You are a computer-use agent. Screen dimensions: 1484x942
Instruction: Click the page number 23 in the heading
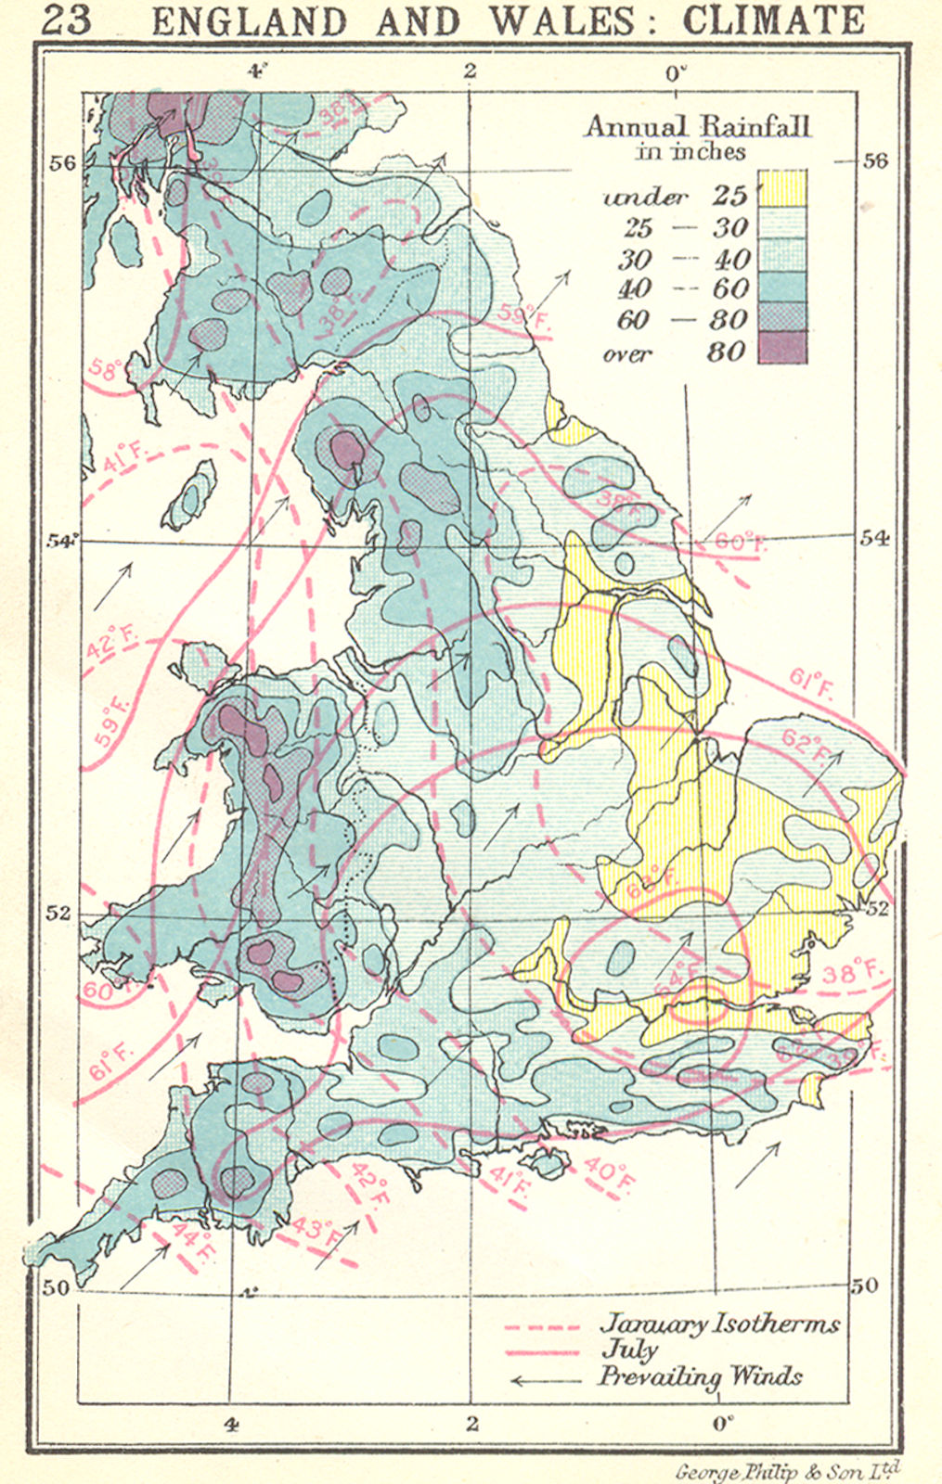point(67,19)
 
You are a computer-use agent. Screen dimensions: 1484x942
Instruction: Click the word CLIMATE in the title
point(773,20)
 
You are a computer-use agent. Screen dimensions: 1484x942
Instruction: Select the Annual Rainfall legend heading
point(697,125)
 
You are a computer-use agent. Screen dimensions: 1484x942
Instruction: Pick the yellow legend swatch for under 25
point(782,189)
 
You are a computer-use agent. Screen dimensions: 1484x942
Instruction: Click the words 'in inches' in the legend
point(690,151)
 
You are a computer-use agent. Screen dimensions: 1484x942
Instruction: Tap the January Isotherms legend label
point(719,1323)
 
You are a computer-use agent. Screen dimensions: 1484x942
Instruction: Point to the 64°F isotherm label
point(675,979)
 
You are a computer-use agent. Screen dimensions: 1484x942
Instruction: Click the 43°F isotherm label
point(316,1230)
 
